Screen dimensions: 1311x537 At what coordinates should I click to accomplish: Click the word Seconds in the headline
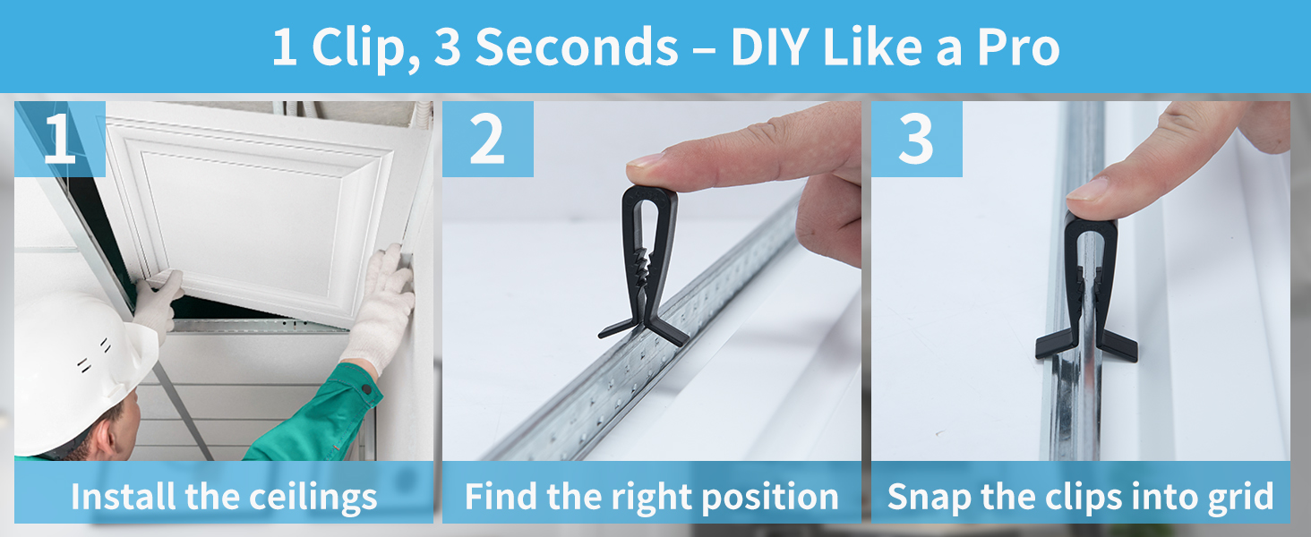click(577, 47)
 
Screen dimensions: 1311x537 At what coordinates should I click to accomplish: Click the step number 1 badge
click(60, 140)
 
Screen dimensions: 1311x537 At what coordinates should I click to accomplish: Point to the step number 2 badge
click(487, 140)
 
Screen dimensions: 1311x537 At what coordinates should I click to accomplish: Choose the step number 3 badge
click(916, 140)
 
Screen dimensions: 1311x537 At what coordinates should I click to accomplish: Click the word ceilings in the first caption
click(313, 498)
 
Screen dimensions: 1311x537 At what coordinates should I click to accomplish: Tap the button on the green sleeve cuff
click(367, 388)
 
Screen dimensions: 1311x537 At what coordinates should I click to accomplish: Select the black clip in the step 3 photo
click(1087, 286)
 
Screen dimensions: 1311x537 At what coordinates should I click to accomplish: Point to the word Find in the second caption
click(501, 498)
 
